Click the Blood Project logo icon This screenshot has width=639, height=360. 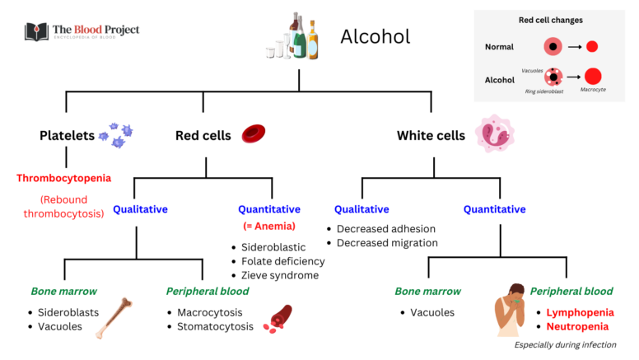pyautogui.click(x=36, y=32)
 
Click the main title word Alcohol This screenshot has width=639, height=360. pyautogui.click(x=375, y=36)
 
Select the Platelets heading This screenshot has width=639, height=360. pyautogui.click(x=67, y=135)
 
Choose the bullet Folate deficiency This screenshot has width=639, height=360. pyautogui.click(x=282, y=261)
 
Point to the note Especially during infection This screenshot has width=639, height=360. pyautogui.click(x=565, y=345)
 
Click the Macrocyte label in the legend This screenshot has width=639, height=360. pyautogui.click(x=592, y=89)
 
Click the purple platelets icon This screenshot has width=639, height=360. pyautogui.click(x=116, y=135)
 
